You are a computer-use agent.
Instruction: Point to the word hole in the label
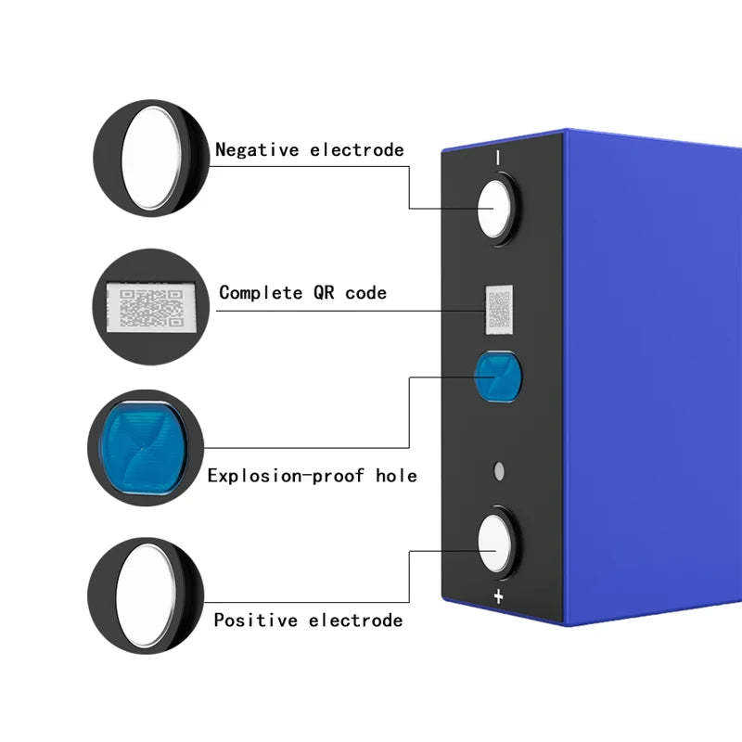(396, 476)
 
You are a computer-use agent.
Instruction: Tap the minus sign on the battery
(497, 159)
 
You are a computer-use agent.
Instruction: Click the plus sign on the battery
(498, 596)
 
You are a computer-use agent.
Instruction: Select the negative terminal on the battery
(494, 210)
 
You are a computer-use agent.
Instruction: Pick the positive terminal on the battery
(495, 543)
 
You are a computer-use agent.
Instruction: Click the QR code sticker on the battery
(499, 309)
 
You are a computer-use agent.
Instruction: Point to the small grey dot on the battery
(499, 471)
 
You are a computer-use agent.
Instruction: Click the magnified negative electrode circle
(151, 159)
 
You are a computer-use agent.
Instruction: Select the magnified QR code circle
(151, 306)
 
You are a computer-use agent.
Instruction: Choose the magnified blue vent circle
(146, 447)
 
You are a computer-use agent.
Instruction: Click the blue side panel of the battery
(649, 371)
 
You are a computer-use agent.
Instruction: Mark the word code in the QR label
(366, 293)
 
